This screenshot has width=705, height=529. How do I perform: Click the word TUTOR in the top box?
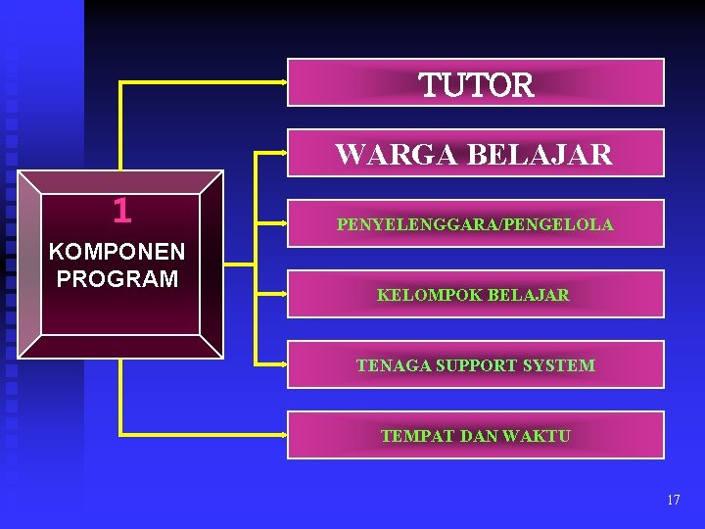click(x=477, y=85)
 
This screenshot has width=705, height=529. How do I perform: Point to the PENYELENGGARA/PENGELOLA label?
click(x=475, y=224)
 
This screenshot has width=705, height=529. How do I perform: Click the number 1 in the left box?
click(x=121, y=210)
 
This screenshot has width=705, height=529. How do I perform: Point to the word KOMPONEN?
click(x=117, y=256)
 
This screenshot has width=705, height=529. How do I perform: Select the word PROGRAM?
click(x=117, y=279)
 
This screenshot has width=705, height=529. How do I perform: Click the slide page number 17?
click(x=673, y=500)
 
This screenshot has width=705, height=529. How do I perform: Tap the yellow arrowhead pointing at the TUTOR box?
click(x=283, y=82)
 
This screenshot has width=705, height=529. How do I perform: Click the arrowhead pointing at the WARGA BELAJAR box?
click(x=283, y=153)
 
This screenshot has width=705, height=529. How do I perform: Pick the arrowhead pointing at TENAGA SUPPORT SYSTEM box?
click(x=283, y=363)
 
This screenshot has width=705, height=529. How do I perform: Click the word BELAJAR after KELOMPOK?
click(x=529, y=295)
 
